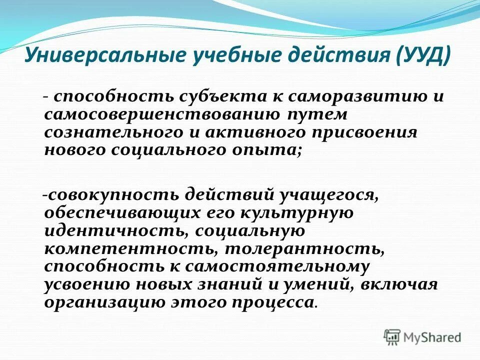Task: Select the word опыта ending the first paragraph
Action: (x=272, y=150)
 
